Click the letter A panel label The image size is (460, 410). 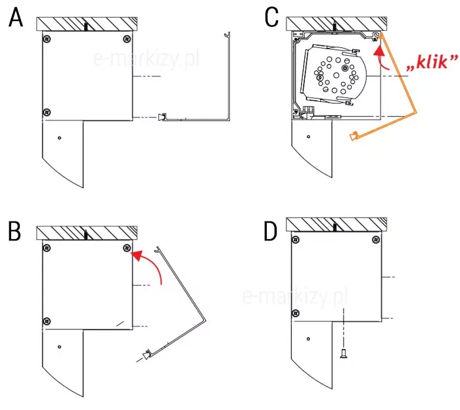16,18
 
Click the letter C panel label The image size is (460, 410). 271,17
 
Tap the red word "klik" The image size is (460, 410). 432,62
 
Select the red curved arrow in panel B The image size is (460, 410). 152,264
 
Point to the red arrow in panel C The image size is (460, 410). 380,58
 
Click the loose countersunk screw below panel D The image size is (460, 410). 343,353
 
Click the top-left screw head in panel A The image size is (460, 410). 47,39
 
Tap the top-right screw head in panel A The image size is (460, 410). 127,39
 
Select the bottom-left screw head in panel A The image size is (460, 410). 47,112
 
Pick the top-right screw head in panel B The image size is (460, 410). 127,248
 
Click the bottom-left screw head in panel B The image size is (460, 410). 47,321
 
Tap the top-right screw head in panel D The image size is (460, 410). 376,240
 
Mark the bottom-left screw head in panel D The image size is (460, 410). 296,313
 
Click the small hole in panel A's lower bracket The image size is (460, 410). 60,138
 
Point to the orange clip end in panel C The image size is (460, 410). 354,136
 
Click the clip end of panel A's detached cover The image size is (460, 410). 162,118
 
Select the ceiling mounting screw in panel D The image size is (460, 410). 335,227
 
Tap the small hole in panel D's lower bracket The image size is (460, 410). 308,339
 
